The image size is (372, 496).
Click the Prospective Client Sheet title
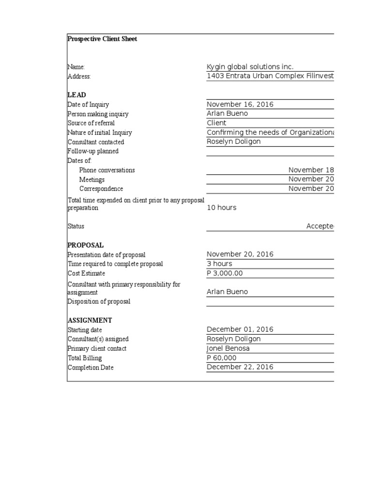coord(102,39)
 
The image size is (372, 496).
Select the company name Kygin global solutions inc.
coord(250,67)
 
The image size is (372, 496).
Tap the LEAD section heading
coord(77,95)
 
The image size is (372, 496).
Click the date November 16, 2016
coord(240,104)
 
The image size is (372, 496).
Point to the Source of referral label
coord(91,123)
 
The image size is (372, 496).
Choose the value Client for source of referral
coord(217,123)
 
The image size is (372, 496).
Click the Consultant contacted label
coord(96,142)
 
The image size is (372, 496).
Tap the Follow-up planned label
coord(93,151)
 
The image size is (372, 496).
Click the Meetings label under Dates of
coord(92,180)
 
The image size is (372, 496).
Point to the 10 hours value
coord(221,207)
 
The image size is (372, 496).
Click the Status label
coord(76,226)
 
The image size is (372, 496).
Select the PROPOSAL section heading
coord(86,245)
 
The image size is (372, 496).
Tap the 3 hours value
coord(219,264)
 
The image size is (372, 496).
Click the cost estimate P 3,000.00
coord(225,273)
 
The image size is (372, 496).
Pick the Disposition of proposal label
coord(99,301)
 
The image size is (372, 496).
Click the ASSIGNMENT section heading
coord(90,320)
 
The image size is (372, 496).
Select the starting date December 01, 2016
coord(240,329)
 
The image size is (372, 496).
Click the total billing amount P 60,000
coord(222,358)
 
